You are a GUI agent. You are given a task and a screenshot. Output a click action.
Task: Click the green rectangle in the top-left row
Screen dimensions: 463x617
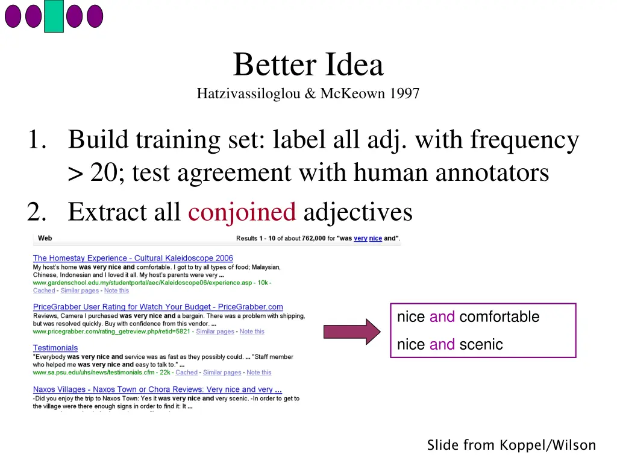54,16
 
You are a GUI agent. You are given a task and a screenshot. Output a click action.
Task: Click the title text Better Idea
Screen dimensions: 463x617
308,65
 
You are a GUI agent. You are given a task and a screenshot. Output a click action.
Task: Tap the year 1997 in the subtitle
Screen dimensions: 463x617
404,94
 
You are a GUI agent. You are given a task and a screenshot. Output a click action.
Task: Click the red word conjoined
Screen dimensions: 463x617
242,212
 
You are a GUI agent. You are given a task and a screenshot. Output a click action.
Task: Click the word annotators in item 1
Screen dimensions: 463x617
492,173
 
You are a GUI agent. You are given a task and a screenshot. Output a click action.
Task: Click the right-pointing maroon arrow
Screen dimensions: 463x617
352,332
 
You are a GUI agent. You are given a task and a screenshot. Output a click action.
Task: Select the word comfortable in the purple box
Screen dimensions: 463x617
499,317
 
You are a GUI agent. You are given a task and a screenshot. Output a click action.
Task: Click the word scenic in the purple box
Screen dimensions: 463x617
481,345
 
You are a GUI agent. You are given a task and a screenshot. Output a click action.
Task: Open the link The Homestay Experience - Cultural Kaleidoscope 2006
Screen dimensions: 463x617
133,258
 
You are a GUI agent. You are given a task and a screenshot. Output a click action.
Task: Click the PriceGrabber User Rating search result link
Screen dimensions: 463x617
158,307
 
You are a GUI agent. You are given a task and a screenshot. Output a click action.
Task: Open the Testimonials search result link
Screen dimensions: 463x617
55,348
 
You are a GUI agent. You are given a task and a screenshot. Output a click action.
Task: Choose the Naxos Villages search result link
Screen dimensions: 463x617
157,389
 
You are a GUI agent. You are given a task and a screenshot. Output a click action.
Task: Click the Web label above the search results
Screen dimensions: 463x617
45,238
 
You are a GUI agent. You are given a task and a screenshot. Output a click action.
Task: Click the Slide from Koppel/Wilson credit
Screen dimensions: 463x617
511,446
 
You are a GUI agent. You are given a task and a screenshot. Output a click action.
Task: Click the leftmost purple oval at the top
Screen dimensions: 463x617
13,16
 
